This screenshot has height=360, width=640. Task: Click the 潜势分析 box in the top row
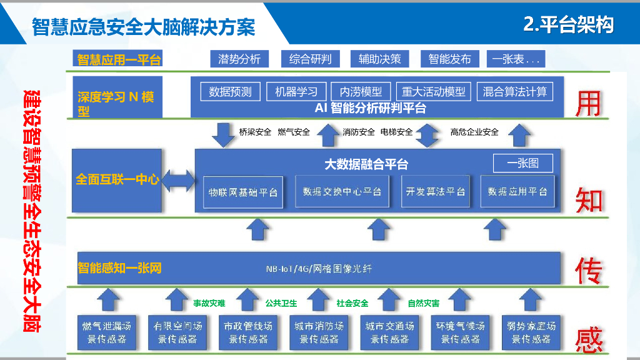pos(239,59)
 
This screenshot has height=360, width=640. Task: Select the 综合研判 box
pos(310,59)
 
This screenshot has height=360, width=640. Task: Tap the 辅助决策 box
pos(379,59)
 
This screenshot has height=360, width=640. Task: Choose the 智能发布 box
pos(449,59)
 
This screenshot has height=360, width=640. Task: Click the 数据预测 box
pos(230,92)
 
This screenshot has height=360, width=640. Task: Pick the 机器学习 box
pos(296,92)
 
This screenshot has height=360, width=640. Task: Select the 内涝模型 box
pos(361,92)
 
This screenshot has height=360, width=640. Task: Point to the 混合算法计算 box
pos(514,92)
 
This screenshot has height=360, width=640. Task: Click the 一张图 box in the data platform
pos(523,164)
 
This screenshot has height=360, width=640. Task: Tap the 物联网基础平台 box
pos(243,192)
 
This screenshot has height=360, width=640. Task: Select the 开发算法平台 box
pos(436,192)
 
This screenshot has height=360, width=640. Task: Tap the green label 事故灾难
pos(209,303)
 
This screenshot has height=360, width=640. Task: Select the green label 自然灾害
pos(424,303)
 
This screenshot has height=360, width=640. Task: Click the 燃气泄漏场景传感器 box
pos(107,332)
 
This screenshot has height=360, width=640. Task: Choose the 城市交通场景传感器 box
pos(390,332)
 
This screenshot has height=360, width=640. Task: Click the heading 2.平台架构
pos(568,25)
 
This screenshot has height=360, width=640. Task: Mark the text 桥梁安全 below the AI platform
pos(255,132)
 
